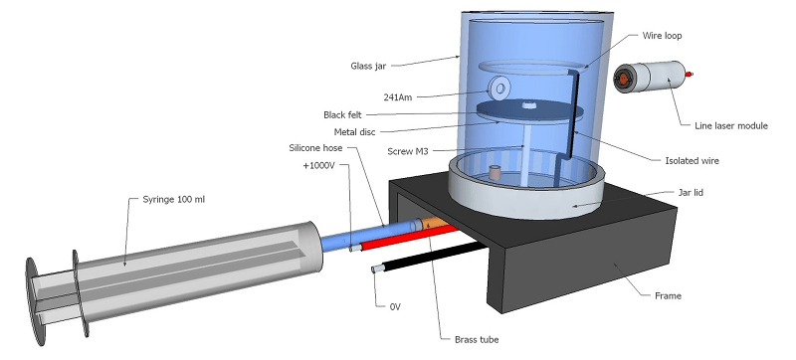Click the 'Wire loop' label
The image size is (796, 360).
coord(662,36)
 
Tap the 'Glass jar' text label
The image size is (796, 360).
coord(368,66)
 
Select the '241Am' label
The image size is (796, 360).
coord(397,97)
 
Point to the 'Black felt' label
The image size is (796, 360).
coord(342,115)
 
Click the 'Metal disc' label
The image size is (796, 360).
coord(355,132)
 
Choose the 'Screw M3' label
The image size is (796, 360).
coord(408,151)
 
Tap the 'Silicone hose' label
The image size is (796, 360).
coord(315,148)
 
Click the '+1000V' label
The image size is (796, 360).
coord(318,166)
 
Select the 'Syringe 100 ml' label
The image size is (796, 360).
coord(174,200)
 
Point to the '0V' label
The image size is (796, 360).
coord(395,306)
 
